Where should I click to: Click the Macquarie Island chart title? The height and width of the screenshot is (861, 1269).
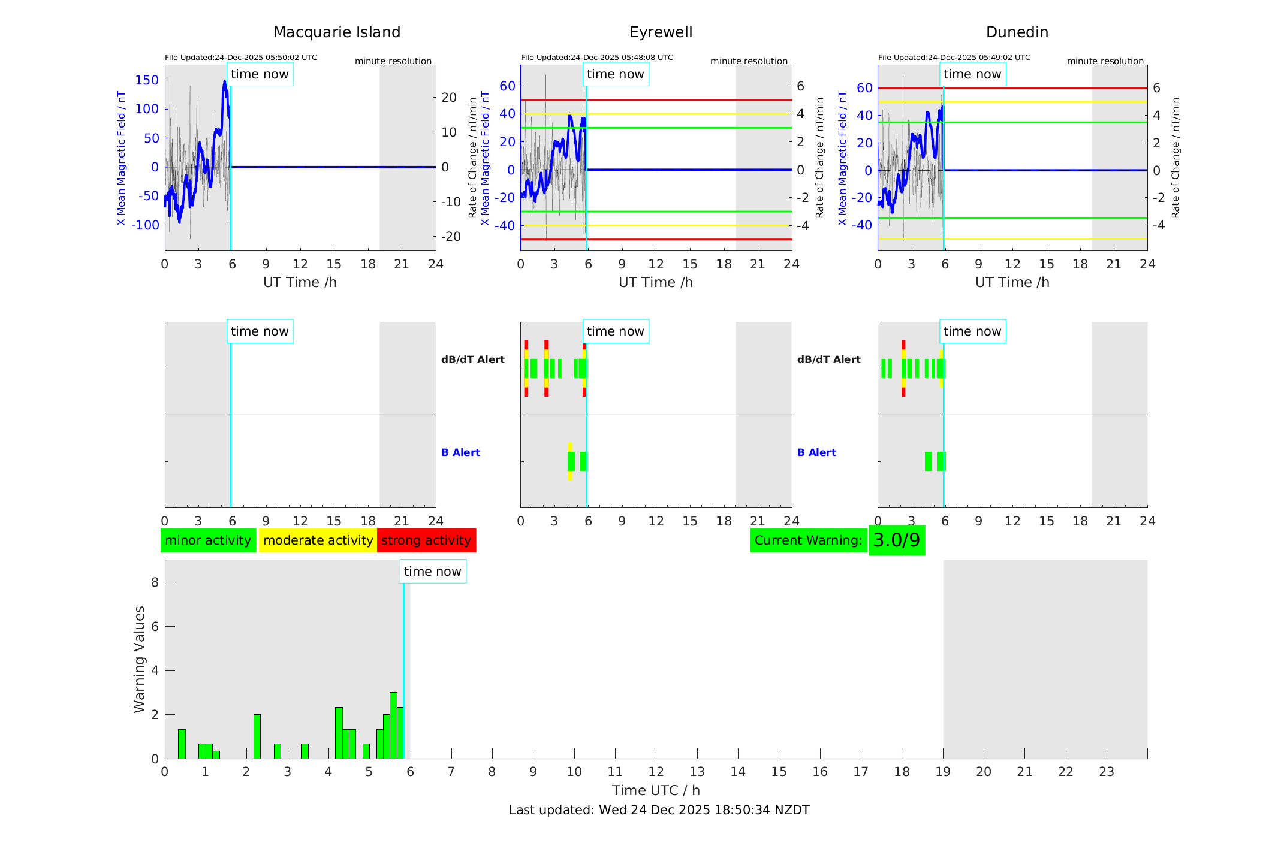[336, 32]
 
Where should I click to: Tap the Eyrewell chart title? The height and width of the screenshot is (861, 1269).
[661, 32]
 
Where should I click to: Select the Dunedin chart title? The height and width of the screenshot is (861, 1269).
[1017, 32]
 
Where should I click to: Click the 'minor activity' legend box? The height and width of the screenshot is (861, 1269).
[208, 540]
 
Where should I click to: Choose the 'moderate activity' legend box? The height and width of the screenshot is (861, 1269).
[318, 540]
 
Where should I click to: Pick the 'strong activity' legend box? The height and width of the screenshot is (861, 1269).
[426, 540]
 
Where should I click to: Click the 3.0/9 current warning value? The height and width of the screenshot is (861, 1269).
[896, 540]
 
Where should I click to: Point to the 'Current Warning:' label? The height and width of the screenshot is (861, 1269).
[808, 540]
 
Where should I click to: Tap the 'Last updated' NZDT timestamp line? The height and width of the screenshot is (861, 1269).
[659, 810]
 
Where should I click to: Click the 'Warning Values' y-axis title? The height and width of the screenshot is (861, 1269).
[139, 659]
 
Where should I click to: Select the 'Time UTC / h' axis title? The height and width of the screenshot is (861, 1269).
[656, 790]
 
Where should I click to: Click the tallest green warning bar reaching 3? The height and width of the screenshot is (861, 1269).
[393, 725]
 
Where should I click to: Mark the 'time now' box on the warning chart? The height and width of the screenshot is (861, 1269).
[432, 572]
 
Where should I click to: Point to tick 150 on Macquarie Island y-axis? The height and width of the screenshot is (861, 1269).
[147, 80]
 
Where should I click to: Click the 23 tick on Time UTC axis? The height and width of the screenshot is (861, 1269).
[1106, 772]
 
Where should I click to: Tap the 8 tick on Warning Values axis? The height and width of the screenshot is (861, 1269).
[155, 582]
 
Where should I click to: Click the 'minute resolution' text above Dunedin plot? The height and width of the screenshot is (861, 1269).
[1105, 61]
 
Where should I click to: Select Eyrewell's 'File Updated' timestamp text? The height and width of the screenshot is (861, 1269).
[596, 58]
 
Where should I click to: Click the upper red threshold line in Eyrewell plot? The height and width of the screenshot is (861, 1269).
[689, 100]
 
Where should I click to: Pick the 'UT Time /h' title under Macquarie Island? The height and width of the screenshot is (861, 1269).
[300, 282]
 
